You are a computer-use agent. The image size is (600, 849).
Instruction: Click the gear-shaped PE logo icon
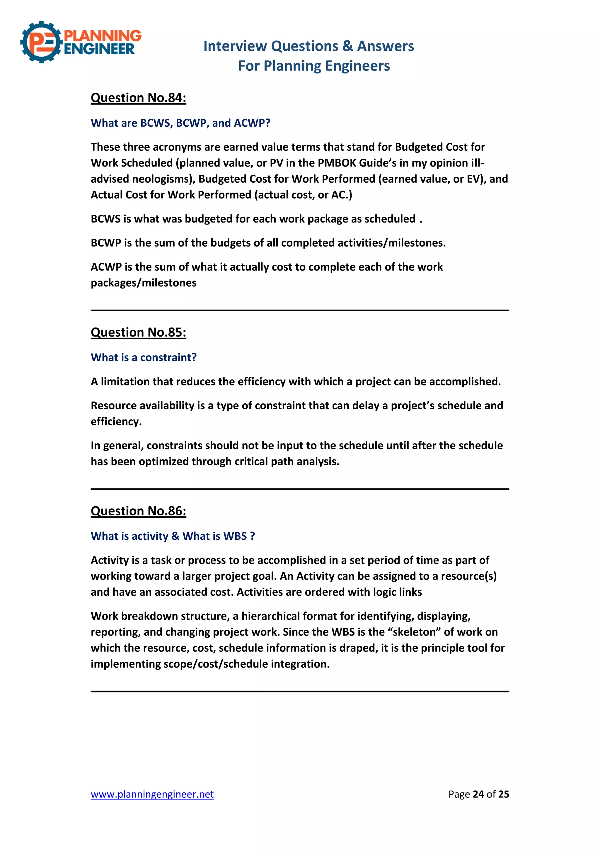[41, 42]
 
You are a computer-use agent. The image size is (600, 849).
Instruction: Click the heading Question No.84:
[138, 98]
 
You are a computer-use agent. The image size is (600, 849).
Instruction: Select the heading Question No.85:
[138, 332]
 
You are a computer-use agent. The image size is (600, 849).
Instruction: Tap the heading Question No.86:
[138, 511]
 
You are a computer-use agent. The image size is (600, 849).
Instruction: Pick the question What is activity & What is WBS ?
[173, 536]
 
